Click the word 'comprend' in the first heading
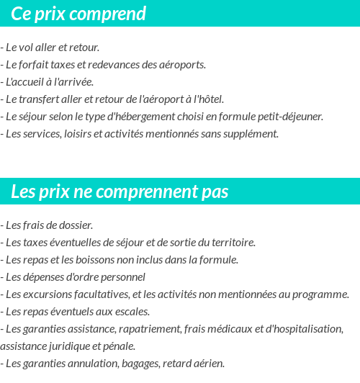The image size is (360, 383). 111,14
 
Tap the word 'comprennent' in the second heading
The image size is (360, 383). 144,192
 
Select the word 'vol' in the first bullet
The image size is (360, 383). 28,48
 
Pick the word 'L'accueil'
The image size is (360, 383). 24,82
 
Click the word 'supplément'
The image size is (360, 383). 251,134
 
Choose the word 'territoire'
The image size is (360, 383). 230,243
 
